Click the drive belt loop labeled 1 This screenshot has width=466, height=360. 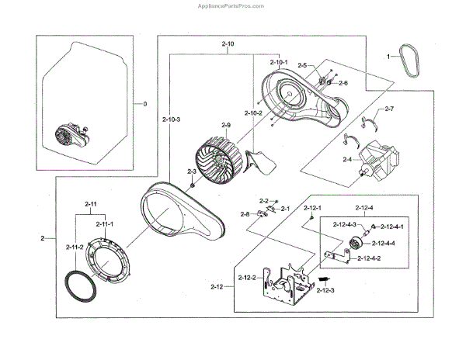pos(411,62)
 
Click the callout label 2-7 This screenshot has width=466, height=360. pos(389,109)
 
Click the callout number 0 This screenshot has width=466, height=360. pos(144,104)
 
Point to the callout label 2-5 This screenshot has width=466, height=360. pos(302,65)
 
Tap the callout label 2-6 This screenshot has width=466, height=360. pos(343,82)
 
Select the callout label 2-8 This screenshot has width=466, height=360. pos(245,213)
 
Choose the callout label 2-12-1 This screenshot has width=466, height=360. pos(312,209)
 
